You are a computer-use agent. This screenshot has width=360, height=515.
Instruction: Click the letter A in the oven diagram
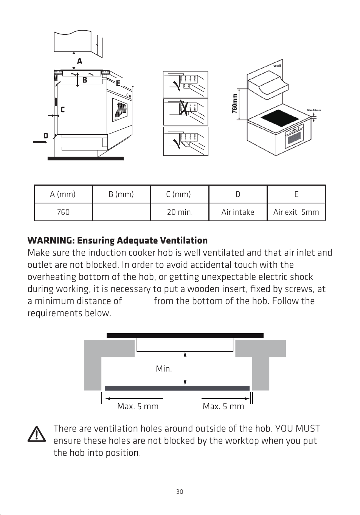click(x=79, y=61)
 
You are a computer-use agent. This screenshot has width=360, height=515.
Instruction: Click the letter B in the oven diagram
click(x=85, y=80)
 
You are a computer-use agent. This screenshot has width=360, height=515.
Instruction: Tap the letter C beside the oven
click(x=62, y=109)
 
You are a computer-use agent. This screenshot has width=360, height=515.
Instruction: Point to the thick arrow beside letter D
click(x=40, y=142)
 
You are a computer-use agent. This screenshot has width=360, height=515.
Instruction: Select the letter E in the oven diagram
click(x=118, y=83)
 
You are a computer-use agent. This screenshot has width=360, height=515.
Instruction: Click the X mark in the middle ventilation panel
click(x=183, y=108)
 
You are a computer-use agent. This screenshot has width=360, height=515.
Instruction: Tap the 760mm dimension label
click(x=234, y=104)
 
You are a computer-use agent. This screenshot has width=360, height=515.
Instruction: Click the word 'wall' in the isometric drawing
click(x=277, y=66)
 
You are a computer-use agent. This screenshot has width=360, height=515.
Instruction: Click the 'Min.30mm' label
click(x=314, y=110)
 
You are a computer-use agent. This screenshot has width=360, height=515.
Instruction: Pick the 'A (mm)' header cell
click(x=63, y=194)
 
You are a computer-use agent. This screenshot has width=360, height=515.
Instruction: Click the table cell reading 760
click(x=63, y=212)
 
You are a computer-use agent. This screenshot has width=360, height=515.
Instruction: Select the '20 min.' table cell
click(x=180, y=212)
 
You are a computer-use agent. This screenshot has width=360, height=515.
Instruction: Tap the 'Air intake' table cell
click(x=238, y=212)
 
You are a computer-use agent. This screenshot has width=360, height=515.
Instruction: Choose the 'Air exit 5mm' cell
click(x=296, y=212)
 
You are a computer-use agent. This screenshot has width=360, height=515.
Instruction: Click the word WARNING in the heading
click(x=51, y=240)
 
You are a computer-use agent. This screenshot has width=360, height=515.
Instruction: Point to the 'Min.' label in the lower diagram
click(x=164, y=369)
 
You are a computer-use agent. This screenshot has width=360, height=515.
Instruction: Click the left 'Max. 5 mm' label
click(x=138, y=406)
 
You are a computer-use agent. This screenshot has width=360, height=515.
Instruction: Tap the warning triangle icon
click(x=37, y=434)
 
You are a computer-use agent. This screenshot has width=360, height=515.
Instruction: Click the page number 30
click(x=180, y=492)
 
